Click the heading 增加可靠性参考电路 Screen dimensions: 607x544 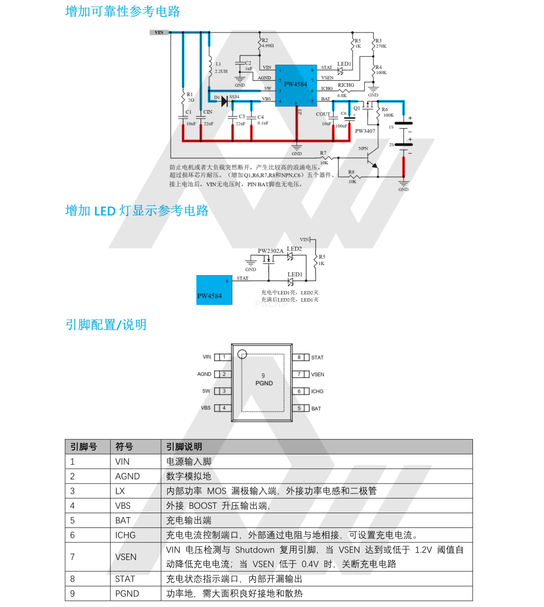(122, 11)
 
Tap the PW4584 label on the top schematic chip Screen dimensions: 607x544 (295, 84)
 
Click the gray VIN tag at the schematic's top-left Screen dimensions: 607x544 (159, 33)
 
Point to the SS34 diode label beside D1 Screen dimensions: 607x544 (234, 97)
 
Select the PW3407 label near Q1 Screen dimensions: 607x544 (365, 131)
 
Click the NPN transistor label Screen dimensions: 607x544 (363, 148)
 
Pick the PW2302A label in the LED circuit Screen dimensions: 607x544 (271, 251)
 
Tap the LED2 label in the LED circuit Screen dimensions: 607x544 (294, 249)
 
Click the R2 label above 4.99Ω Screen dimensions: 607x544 (265, 40)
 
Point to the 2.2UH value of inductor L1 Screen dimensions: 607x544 (221, 71)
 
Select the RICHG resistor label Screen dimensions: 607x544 (346, 85)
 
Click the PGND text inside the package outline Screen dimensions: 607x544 (264, 383)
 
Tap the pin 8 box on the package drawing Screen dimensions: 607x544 (299, 357)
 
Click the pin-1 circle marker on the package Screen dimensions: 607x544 (242, 354)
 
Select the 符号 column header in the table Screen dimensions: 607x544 (124, 447)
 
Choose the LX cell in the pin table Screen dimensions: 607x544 (120, 491)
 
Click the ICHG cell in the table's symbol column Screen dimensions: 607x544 (125, 535)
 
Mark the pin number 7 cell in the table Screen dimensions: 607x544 (73, 557)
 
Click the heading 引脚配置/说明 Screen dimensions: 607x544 (106, 324)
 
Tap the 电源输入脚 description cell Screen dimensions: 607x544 (189, 462)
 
